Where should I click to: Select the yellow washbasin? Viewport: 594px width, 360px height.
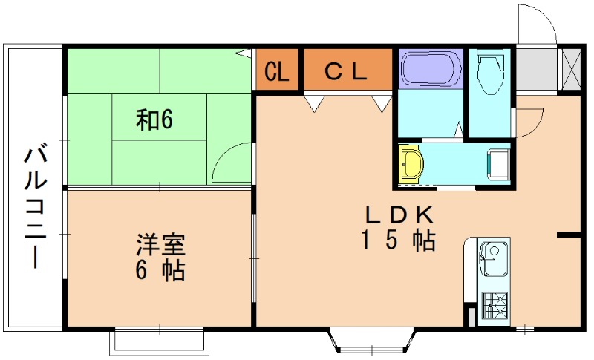pyautogui.click(x=411, y=163)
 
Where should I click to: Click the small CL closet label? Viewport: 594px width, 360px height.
pyautogui.click(x=277, y=72)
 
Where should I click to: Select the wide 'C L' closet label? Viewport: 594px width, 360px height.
pyautogui.click(x=347, y=71)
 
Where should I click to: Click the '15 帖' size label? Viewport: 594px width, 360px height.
pyautogui.click(x=398, y=241)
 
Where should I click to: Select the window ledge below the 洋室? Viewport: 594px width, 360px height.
pyautogui.click(x=157, y=341)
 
